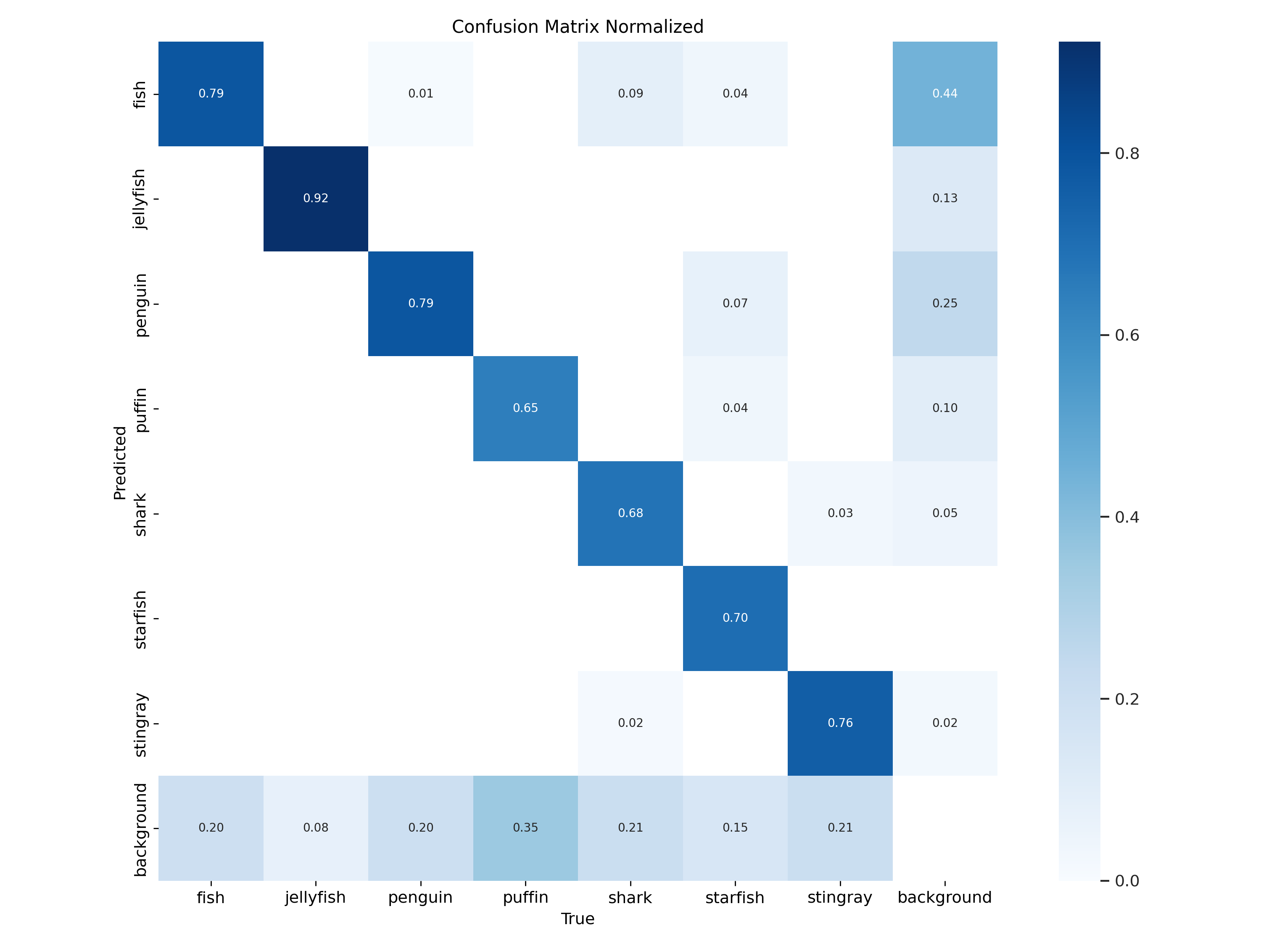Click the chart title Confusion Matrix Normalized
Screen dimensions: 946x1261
click(578, 27)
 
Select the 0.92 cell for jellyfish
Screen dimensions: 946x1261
click(315, 198)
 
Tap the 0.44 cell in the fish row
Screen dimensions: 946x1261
click(944, 93)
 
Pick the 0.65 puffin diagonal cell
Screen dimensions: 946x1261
click(525, 408)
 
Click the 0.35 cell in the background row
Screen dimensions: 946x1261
click(525, 827)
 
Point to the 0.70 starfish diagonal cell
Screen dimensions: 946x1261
click(735, 618)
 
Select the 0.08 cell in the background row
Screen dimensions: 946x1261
click(315, 827)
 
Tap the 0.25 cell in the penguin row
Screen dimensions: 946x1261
click(944, 304)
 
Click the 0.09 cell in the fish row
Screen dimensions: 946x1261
click(630, 93)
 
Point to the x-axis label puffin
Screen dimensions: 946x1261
click(525, 898)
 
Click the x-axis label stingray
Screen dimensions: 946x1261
click(840, 898)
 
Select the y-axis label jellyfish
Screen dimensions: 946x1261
click(140, 199)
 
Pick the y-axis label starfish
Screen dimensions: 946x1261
click(140, 619)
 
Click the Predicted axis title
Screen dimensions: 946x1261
click(120, 463)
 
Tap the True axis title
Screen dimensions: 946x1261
click(578, 919)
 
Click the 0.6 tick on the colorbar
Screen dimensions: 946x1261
click(1126, 335)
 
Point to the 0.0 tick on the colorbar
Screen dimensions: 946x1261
click(1126, 881)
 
